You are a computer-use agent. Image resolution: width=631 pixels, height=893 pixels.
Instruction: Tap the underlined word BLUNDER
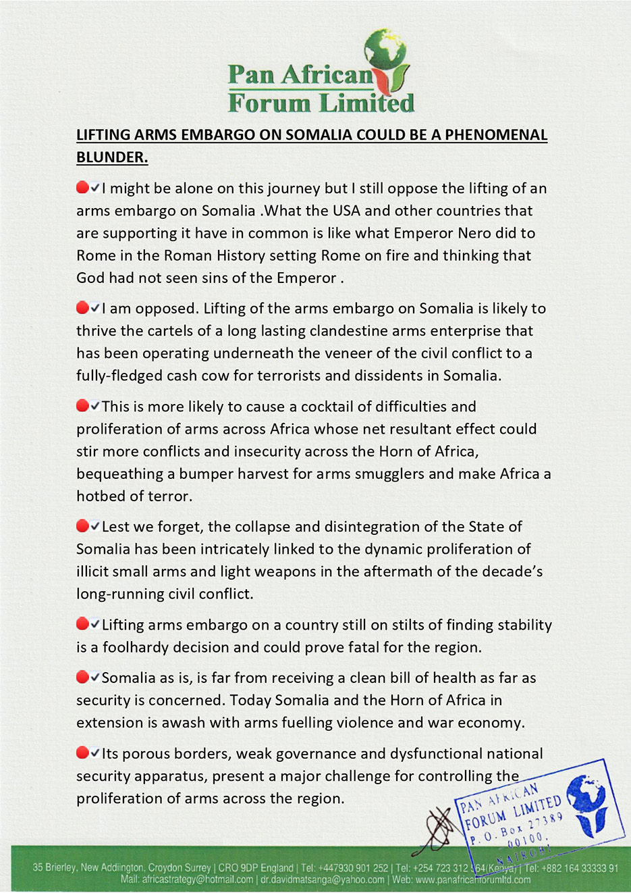pos(111,157)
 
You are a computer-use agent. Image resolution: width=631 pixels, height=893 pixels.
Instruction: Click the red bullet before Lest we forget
pos(82,526)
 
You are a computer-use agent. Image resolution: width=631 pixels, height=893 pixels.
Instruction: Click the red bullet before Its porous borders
pos(82,752)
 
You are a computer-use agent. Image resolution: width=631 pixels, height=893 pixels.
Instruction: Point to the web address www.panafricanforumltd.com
pos(472,879)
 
